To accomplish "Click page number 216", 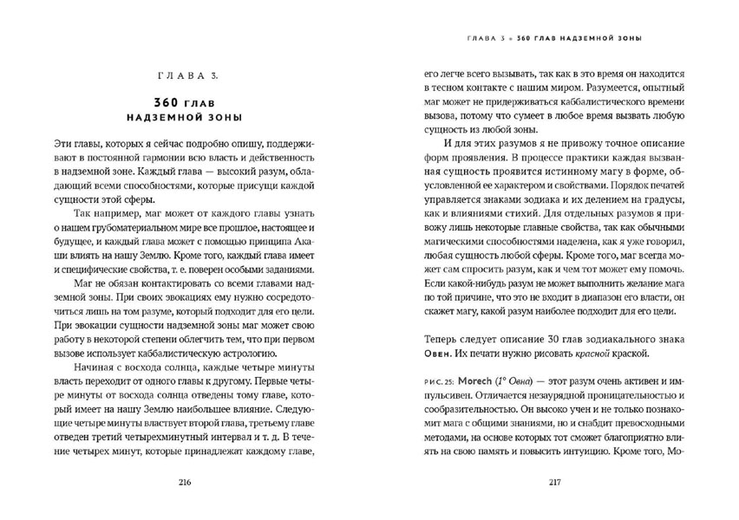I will point(184,482).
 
